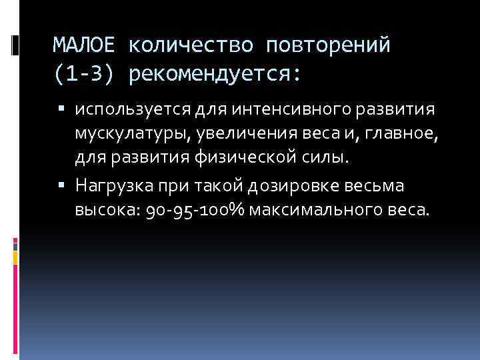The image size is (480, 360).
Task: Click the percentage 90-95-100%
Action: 197,211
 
